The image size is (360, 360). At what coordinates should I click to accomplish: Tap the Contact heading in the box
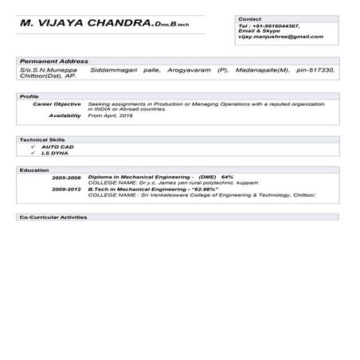pyautogui.click(x=250, y=18)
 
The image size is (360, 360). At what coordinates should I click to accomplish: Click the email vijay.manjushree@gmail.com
pyautogui.click(x=280, y=37)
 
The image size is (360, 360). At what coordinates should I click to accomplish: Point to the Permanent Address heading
pyautogui.click(x=54, y=61)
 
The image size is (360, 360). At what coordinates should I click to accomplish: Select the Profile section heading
pyautogui.click(x=29, y=96)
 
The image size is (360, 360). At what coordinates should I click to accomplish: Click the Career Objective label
pyautogui.click(x=57, y=104)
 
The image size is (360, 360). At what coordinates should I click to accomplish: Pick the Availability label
pyautogui.click(x=65, y=115)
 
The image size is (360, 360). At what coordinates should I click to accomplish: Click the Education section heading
pyautogui.click(x=34, y=170)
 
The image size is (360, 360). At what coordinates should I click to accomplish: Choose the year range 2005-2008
pyautogui.click(x=67, y=177)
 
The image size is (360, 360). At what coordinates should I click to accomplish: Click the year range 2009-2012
pyautogui.click(x=67, y=189)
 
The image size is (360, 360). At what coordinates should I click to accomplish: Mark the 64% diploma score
pyautogui.click(x=227, y=177)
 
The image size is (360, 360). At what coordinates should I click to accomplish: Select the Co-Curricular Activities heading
pyautogui.click(x=53, y=217)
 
